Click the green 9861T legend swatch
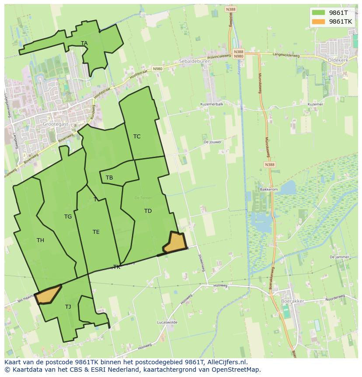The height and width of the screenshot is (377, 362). [x=318, y=13]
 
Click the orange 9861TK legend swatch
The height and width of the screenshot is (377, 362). [x=318, y=21]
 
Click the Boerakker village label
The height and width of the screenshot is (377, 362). [x=293, y=301]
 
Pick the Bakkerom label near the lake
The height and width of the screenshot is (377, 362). [x=269, y=190]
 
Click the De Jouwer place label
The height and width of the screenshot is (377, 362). [x=212, y=142]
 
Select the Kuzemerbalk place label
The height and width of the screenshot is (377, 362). [x=212, y=104]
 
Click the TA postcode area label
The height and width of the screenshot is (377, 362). [x=84, y=43]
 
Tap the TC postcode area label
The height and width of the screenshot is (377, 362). [x=137, y=137]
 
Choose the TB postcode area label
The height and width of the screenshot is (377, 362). [x=109, y=178]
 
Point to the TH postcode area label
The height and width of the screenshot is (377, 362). [x=40, y=240]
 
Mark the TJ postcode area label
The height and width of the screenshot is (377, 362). [x=68, y=307]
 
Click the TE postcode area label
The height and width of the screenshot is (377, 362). [x=96, y=232]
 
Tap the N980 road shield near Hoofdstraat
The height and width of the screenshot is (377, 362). [x=157, y=69]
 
